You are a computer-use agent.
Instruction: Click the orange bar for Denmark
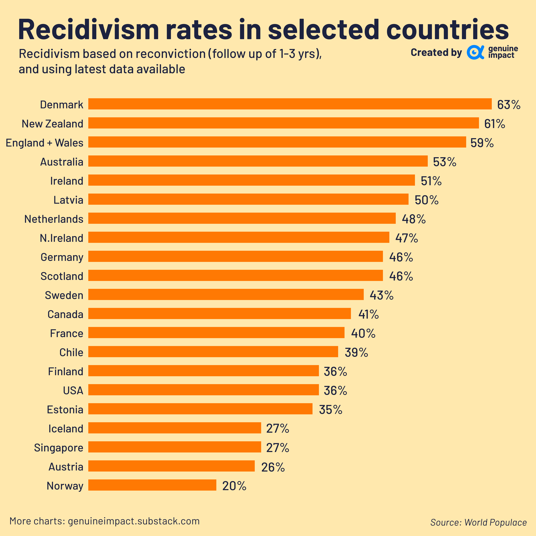pos(290,104)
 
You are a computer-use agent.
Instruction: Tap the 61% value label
pos(494,124)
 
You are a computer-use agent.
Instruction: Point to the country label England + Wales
pos(44,143)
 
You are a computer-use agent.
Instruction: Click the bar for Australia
pos(258,161)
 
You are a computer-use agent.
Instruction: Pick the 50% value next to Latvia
pos(426,200)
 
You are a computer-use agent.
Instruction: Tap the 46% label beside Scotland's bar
pos(401,276)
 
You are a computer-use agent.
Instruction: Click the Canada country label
pos(66,314)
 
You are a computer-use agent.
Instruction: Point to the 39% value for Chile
pos(356,352)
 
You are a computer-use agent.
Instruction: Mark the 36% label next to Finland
pos(335,371)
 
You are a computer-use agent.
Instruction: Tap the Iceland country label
pos(66,429)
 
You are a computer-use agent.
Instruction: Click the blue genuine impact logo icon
pos(475,52)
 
